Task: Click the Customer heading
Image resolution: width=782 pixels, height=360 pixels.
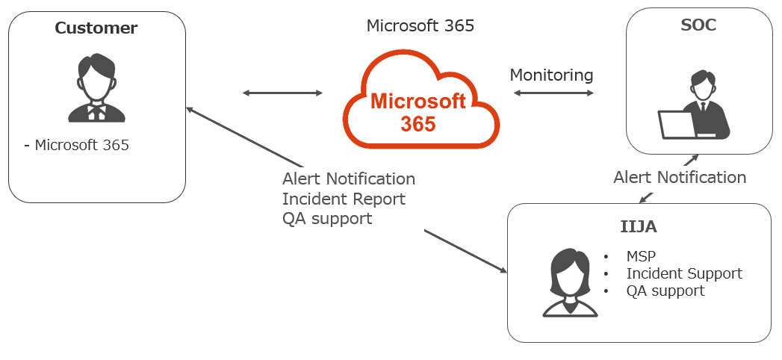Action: [96, 28]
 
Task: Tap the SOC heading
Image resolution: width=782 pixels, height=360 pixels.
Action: [699, 25]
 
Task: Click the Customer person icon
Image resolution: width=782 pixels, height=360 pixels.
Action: [97, 88]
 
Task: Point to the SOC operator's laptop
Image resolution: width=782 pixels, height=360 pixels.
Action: [677, 125]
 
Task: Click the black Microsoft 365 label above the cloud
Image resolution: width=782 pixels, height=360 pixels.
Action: [420, 26]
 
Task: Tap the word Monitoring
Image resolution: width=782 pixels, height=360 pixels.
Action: [551, 75]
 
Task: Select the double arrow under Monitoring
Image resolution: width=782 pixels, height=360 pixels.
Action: [553, 93]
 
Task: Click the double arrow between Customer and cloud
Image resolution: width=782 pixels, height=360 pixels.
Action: [282, 93]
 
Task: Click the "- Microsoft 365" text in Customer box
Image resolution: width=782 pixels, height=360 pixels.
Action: [76, 146]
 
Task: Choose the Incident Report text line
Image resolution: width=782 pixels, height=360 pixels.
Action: [344, 199]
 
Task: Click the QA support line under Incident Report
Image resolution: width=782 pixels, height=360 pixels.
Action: [327, 219]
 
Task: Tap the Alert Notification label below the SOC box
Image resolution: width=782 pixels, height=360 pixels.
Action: [680, 178]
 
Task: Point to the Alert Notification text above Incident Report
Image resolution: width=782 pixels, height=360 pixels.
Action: [349, 179]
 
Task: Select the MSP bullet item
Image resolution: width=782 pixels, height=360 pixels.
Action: [641, 257]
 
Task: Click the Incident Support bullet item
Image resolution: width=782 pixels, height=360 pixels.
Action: [684, 273]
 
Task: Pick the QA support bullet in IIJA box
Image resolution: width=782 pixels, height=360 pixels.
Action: [665, 291]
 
